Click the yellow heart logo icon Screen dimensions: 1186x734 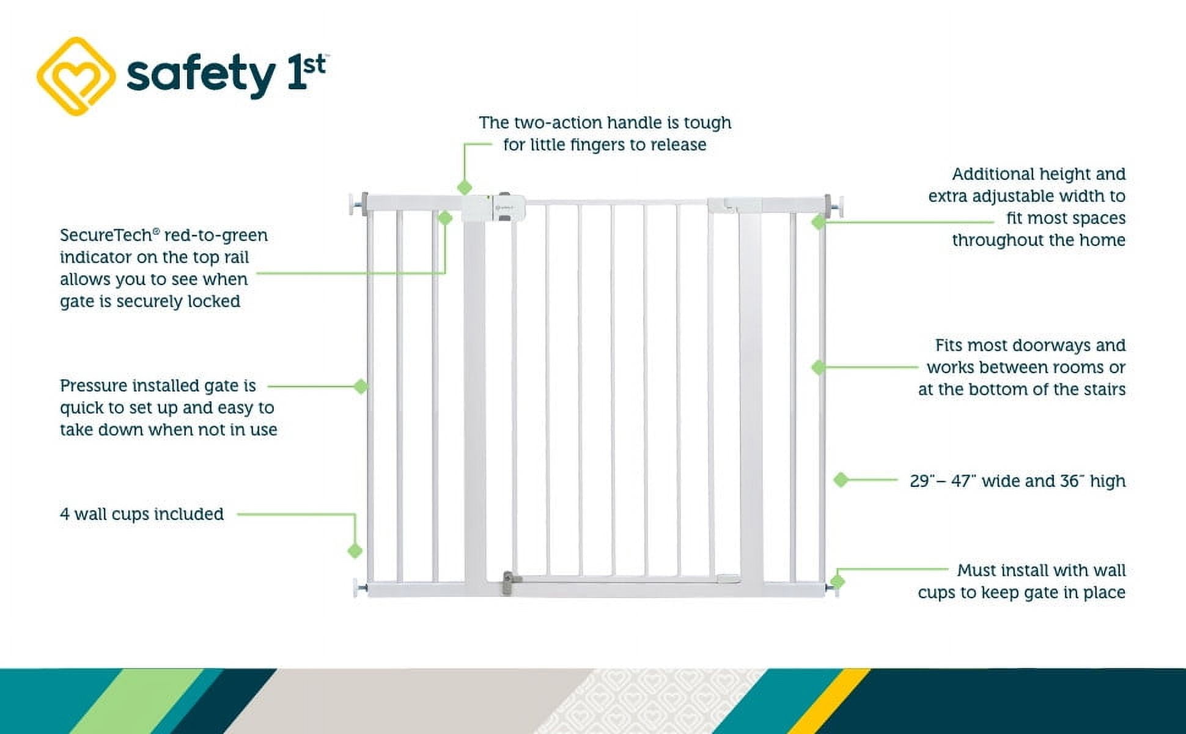(x=76, y=76)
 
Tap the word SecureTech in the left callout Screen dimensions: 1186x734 (x=106, y=235)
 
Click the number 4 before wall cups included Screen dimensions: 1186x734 (x=65, y=514)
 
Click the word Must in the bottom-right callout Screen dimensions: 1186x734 (x=976, y=571)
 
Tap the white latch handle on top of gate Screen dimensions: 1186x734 (x=493, y=208)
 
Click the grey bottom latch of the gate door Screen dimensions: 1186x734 (x=509, y=583)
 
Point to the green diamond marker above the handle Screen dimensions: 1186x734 (x=465, y=187)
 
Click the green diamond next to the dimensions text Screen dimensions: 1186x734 (x=841, y=480)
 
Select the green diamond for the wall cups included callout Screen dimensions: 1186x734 (x=355, y=551)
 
